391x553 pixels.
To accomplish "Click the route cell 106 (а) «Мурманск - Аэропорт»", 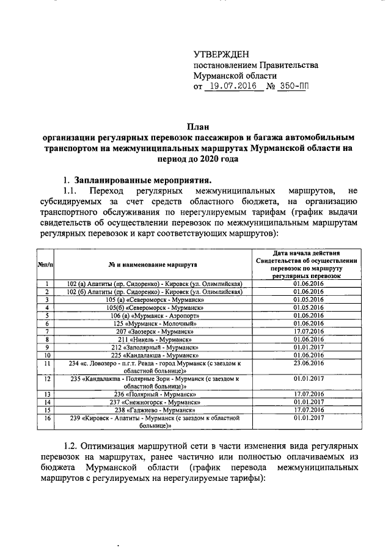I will tap(155, 315).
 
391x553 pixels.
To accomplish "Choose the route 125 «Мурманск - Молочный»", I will tap(155, 323).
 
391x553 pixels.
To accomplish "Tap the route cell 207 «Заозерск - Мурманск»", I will tap(155, 331).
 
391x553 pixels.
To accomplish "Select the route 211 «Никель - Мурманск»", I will tap(155, 339).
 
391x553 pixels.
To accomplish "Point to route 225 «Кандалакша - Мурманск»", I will tap(155, 355).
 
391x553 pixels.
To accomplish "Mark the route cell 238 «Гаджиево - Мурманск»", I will tap(155, 410).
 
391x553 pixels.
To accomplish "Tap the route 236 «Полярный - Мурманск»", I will tap(155, 394).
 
